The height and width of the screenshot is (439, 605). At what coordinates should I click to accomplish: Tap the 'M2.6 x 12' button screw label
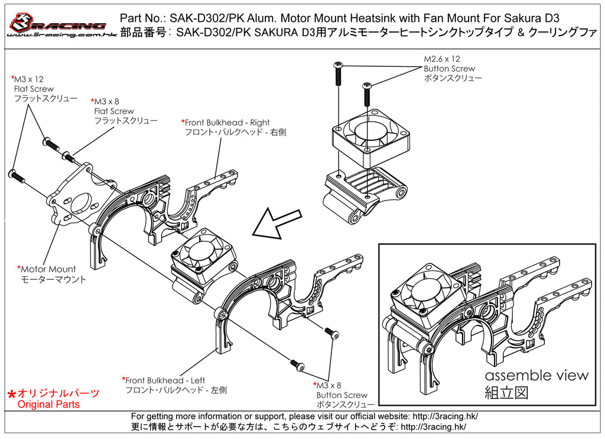tap(441, 59)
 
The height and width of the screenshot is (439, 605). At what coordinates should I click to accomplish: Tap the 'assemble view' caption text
tap(536, 375)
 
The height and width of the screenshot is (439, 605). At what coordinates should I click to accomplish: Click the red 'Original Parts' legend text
tap(48, 405)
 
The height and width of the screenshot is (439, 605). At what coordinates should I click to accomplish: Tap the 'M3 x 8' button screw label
tap(331, 385)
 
